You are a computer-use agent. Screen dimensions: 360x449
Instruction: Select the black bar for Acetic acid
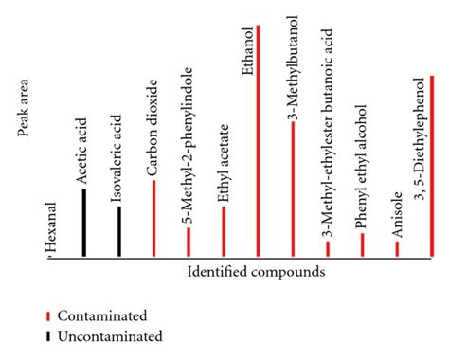83,223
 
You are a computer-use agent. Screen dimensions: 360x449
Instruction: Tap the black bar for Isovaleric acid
118,231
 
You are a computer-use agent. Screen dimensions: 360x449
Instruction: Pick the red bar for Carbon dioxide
153,218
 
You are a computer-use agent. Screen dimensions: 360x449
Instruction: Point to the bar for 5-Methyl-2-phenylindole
189,242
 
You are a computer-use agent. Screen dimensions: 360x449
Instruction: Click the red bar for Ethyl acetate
224,231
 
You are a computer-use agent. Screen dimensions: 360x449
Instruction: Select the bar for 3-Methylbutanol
293,189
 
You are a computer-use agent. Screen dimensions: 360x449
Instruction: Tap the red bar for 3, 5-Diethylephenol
432,166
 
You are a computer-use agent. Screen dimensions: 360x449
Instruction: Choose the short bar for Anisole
397,248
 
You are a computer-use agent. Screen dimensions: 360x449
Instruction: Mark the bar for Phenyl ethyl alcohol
362,244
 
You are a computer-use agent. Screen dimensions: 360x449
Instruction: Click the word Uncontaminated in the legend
110,335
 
